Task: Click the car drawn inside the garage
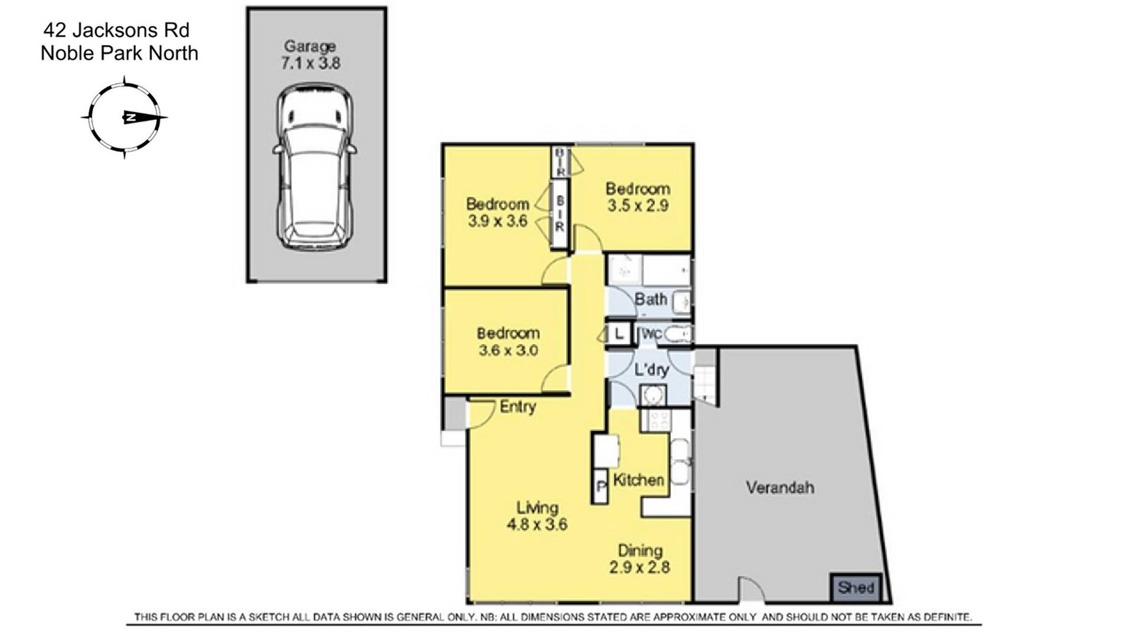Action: pyautogui.click(x=315, y=167)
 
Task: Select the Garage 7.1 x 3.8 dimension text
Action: pyautogui.click(x=310, y=63)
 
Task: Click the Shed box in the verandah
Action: pyautogui.click(x=856, y=587)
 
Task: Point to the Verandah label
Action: pyautogui.click(x=780, y=487)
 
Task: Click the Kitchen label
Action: pyautogui.click(x=638, y=480)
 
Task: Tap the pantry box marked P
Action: pyautogui.click(x=600, y=487)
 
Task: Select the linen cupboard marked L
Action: pyautogui.click(x=618, y=334)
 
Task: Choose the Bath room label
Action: pyautogui.click(x=650, y=299)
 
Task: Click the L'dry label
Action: pyautogui.click(x=651, y=370)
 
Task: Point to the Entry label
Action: pyautogui.click(x=517, y=406)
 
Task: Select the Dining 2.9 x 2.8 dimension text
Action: pyautogui.click(x=640, y=567)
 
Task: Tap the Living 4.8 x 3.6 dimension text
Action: pyautogui.click(x=537, y=523)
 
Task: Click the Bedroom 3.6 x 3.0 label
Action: pyautogui.click(x=508, y=341)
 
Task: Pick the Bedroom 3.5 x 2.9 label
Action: pyautogui.click(x=638, y=197)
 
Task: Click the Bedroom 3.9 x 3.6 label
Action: pyautogui.click(x=497, y=212)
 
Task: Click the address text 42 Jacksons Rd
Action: pyautogui.click(x=116, y=30)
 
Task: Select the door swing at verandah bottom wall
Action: pyautogui.click(x=750, y=590)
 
